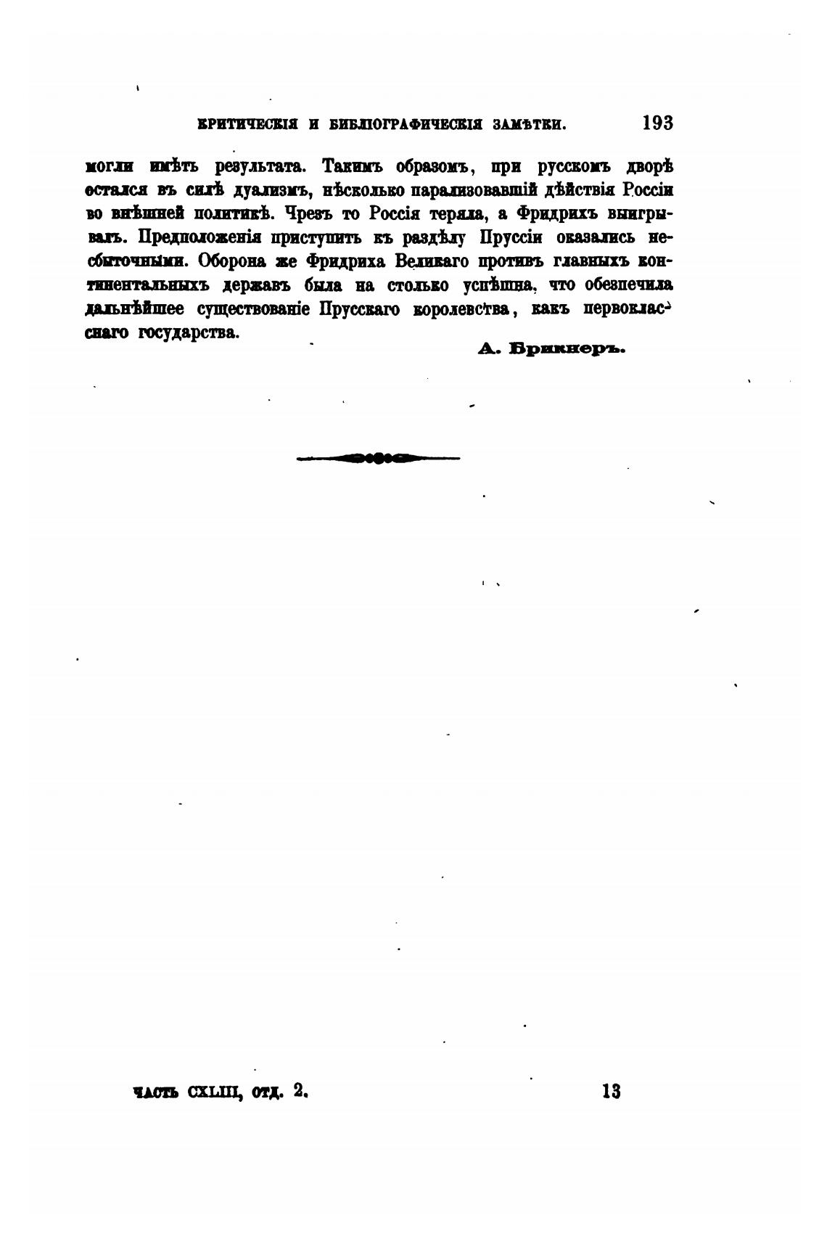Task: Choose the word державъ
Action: (258, 285)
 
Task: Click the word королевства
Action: (464, 309)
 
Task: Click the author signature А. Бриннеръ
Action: (551, 348)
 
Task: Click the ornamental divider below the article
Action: (378, 458)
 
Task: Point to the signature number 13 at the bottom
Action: (611, 1091)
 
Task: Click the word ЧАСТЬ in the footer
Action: (155, 1092)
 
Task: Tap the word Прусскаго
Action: (359, 309)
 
